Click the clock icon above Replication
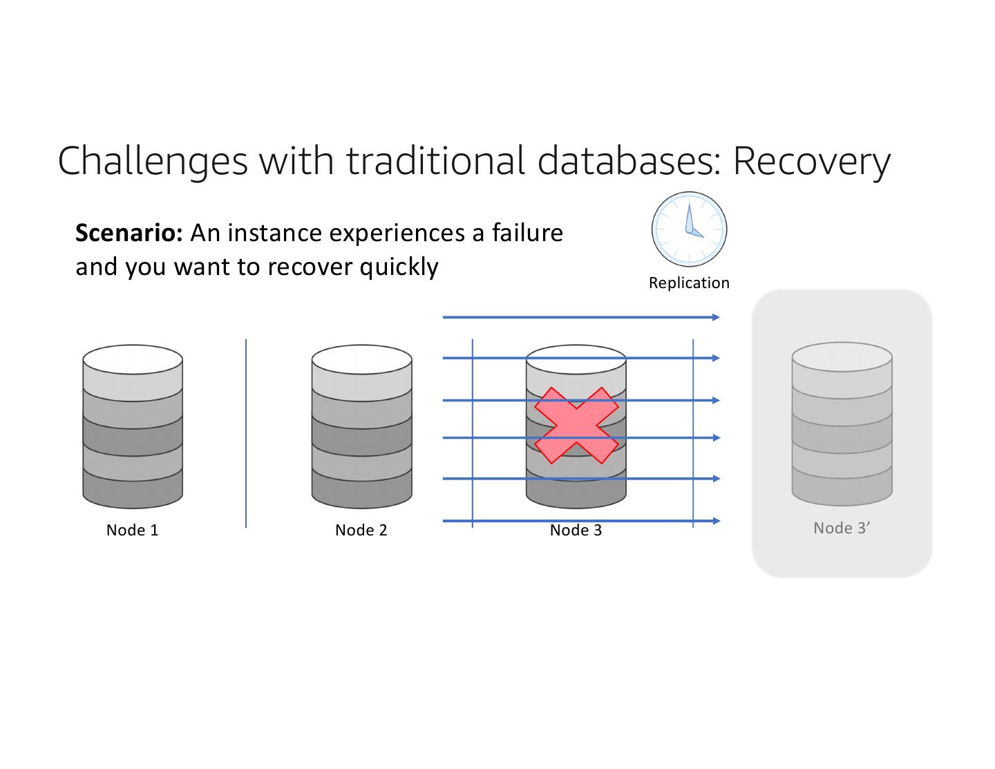point(689,229)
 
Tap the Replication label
point(689,283)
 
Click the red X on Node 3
point(576,425)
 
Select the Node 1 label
point(132,530)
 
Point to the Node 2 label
point(361,530)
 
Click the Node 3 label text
point(576,530)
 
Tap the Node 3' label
point(841,528)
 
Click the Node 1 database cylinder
point(133,435)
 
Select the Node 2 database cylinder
point(361,435)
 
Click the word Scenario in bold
point(128,233)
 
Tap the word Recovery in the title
point(811,160)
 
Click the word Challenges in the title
point(152,160)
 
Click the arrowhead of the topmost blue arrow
point(716,317)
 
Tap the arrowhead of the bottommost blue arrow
point(716,521)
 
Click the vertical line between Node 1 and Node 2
point(246,433)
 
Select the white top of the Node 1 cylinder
point(133,359)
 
